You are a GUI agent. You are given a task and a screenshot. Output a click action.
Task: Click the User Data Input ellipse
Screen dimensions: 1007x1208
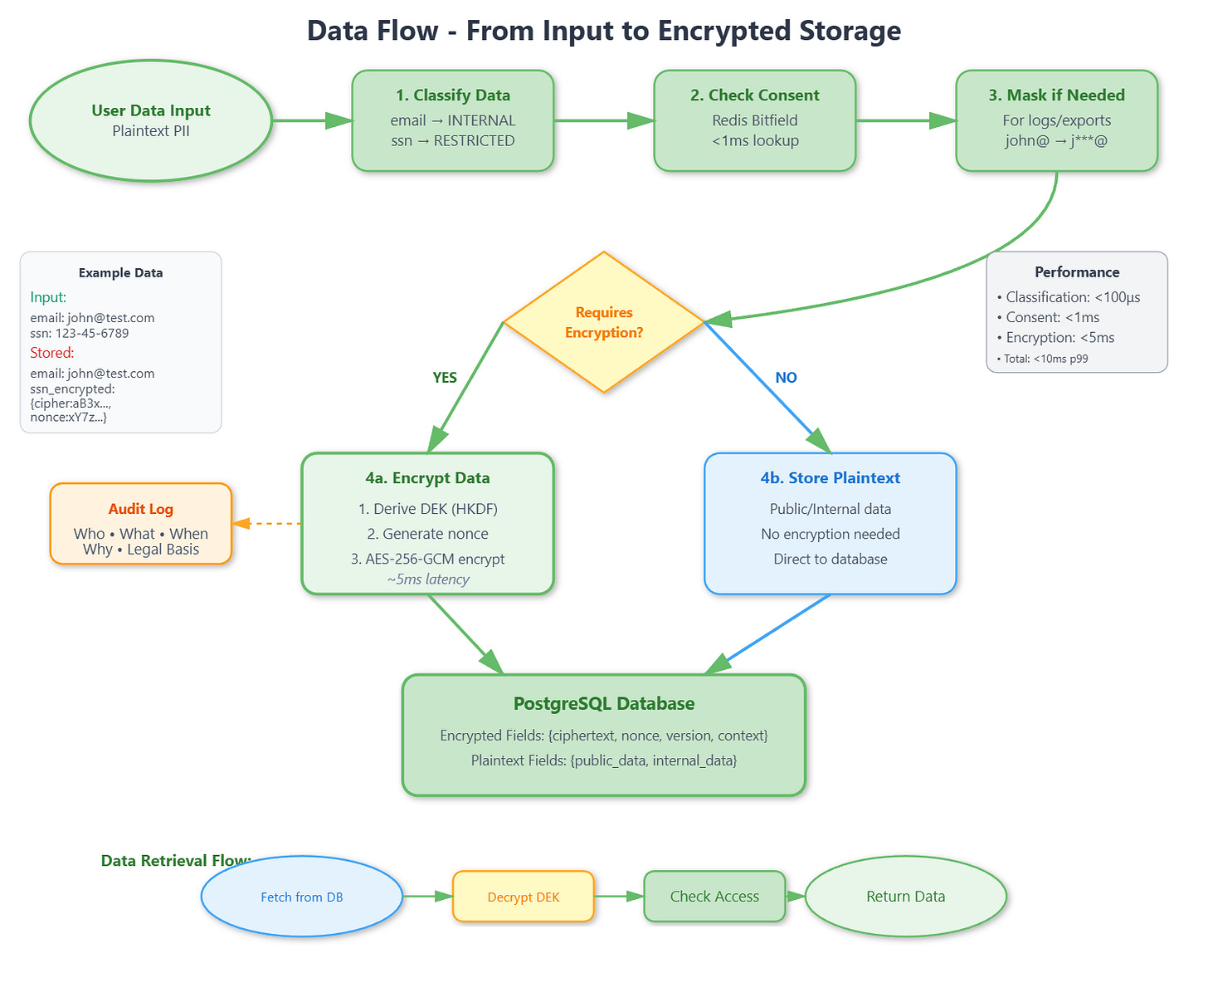[151, 120]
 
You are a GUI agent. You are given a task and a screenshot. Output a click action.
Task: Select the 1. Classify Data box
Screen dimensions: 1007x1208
[452, 120]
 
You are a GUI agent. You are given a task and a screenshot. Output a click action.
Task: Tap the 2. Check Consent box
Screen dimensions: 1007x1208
[754, 120]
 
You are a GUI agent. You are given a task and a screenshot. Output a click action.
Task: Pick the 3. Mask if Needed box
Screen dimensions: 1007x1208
[1056, 120]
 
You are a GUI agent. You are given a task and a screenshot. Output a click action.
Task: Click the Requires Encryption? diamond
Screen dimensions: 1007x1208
[604, 322]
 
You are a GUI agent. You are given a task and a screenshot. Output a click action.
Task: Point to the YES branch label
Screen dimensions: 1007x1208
[445, 378]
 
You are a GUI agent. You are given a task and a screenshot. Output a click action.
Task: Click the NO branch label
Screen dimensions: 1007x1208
[786, 378]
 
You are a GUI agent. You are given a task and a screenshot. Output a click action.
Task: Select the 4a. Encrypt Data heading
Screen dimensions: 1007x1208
[427, 478]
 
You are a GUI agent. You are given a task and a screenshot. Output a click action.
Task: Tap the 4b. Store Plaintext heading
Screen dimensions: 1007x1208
[830, 478]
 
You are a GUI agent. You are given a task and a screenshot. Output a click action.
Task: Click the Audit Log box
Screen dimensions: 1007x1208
[140, 524]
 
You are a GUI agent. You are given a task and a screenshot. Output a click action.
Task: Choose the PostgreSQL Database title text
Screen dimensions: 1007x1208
[604, 704]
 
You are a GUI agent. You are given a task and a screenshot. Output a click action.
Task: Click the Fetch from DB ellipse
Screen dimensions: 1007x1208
[302, 897]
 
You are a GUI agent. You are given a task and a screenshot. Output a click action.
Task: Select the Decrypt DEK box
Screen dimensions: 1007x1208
[524, 897]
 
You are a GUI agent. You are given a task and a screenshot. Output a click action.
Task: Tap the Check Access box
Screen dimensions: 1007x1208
[714, 897]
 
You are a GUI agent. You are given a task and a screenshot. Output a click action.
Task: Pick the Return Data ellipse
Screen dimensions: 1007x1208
[905, 897]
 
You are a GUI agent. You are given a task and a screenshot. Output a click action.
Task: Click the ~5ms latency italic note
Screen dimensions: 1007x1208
[427, 579]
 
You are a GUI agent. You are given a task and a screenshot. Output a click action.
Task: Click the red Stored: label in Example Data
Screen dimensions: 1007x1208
[52, 353]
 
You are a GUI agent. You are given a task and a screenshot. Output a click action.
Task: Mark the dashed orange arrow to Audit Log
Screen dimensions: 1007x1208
[268, 524]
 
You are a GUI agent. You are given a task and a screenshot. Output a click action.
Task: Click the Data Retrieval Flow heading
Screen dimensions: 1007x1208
[175, 861]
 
